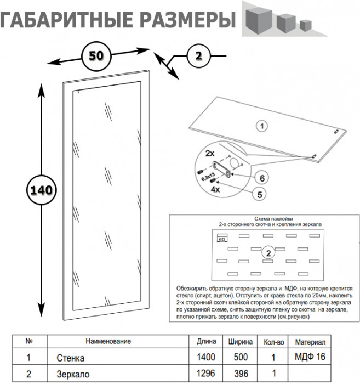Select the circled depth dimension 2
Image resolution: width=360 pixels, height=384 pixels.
point(198,55)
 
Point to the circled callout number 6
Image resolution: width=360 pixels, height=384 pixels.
point(262,178)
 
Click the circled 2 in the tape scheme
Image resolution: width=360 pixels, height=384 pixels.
point(268,253)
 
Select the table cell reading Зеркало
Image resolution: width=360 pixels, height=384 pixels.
point(70,376)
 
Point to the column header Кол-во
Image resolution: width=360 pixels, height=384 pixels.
point(273,341)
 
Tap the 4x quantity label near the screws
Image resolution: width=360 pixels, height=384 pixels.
point(215,188)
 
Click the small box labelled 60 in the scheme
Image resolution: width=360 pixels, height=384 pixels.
point(223,239)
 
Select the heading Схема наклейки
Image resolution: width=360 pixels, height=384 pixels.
point(271,218)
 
